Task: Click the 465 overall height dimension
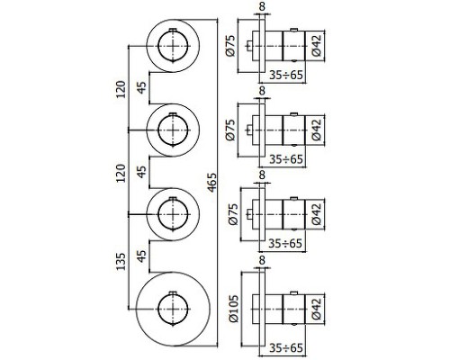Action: click(212, 182)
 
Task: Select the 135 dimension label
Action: click(121, 261)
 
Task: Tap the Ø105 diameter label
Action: click(234, 309)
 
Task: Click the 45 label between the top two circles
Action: click(142, 87)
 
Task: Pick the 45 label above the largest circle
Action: click(142, 256)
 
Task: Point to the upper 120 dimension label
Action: click(121, 89)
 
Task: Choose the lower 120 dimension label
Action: click(121, 173)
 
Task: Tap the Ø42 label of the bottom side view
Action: click(316, 309)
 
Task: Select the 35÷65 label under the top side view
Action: click(286, 75)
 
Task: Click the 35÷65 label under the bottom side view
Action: click(286, 347)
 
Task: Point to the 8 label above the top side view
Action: click(262, 6)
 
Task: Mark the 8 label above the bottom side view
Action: click(262, 260)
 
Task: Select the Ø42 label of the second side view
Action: click(316, 130)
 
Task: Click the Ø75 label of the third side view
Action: click(234, 214)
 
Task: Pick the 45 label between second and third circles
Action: click(142, 172)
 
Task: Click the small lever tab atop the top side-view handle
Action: click(293, 30)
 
